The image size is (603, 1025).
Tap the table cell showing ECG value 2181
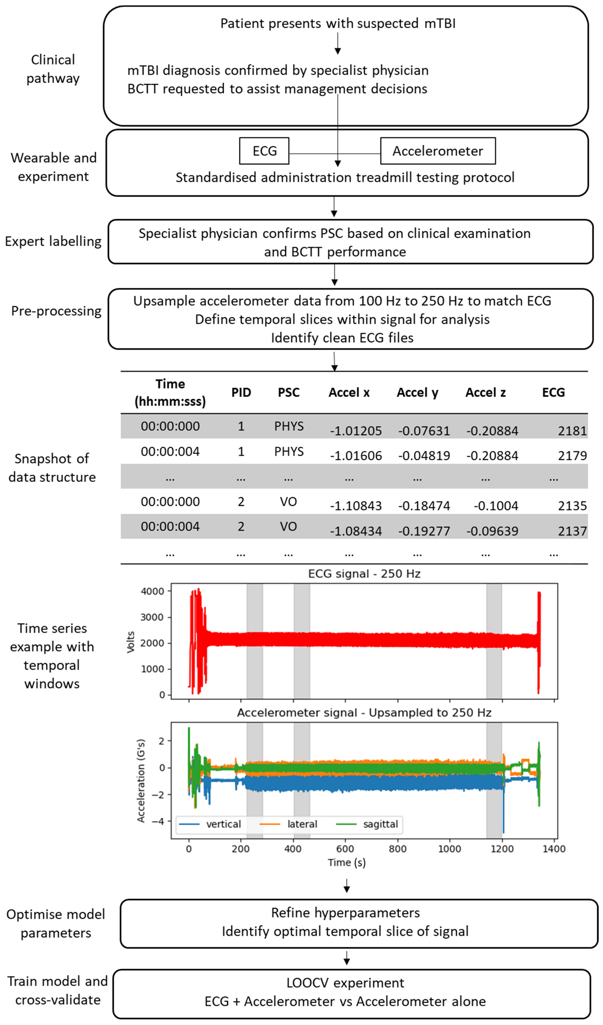(572, 431)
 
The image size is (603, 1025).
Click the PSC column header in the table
(289, 393)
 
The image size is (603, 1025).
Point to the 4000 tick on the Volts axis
(153, 591)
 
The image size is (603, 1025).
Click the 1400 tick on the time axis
(554, 849)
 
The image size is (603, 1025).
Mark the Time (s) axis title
(347, 862)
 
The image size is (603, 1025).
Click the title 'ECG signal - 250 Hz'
(364, 573)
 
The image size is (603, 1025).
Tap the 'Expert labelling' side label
(53, 241)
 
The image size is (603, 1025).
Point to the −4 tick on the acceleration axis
(158, 821)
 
